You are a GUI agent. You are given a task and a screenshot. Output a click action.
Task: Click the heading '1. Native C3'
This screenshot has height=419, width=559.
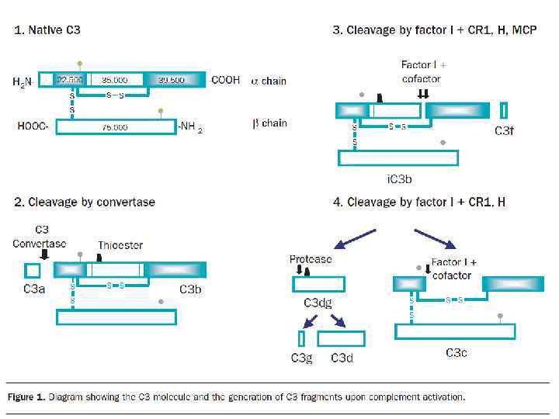[47, 31]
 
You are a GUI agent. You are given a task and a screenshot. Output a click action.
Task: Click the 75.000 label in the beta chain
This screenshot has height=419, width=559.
[114, 127]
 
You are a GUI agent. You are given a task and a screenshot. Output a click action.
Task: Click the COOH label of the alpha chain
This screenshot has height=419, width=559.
[225, 81]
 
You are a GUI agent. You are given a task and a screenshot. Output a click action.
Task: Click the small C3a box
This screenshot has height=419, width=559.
[33, 270]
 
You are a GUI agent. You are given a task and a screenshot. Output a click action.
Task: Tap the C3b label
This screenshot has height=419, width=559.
[190, 289]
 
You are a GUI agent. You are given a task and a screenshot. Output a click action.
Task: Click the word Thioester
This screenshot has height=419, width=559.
[120, 245]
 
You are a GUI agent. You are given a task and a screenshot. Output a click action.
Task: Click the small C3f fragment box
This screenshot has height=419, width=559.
[504, 110]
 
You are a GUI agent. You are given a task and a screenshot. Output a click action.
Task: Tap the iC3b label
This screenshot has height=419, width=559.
[399, 179]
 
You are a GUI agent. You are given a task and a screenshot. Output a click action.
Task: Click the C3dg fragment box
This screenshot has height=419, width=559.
[318, 284]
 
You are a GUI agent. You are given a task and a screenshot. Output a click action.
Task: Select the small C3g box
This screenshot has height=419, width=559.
[301, 338]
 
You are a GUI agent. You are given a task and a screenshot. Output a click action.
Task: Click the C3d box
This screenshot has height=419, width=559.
[341, 338]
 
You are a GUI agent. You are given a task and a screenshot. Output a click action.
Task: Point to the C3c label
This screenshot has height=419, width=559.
[456, 353]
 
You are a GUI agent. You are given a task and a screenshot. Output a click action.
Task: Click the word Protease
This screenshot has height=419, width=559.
[311, 259]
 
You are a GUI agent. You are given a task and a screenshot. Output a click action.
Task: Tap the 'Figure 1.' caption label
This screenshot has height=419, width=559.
[26, 397]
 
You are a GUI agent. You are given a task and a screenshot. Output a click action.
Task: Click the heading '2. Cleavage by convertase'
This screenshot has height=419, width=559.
[85, 203]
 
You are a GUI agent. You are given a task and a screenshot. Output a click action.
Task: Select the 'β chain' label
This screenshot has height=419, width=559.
[269, 123]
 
